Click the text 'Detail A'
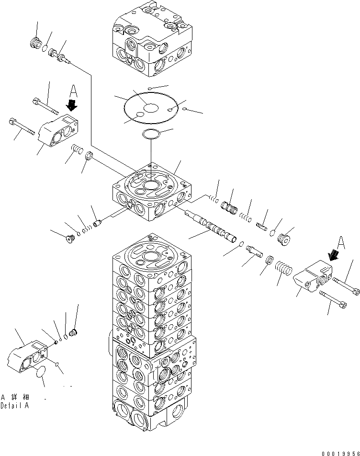point(14,405)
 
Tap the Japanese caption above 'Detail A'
point(15,397)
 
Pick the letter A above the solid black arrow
point(74,91)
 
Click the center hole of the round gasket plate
point(151,108)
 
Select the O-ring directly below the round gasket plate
point(151,135)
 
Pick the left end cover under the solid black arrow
point(59,130)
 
